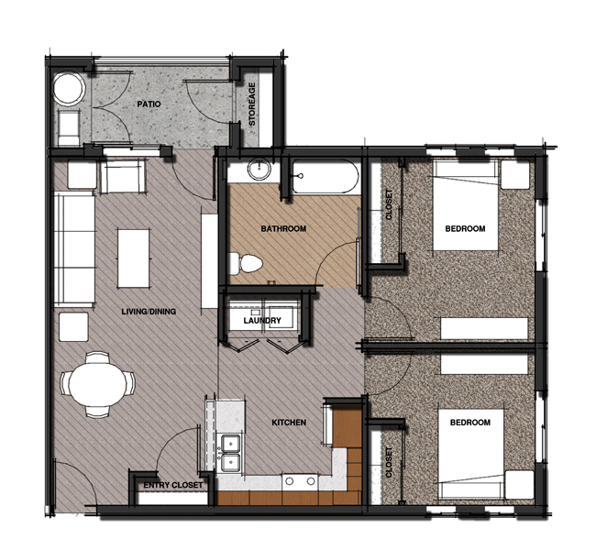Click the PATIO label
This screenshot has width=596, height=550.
[149, 104]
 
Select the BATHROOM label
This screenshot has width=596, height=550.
[282, 228]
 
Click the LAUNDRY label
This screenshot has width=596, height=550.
[261, 321]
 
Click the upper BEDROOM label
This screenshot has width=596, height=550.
[465, 228]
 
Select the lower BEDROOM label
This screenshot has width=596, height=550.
[469, 423]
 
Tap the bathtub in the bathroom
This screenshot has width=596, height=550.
[325, 178]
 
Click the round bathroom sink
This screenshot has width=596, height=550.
[259, 172]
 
